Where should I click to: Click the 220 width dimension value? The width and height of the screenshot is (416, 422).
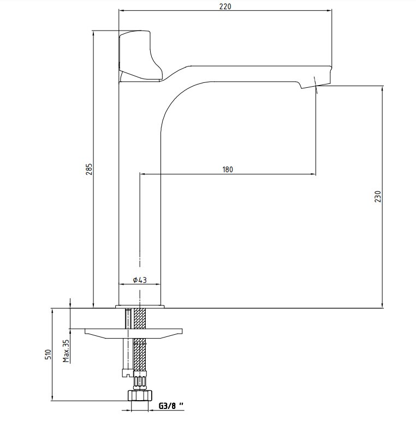[225, 6]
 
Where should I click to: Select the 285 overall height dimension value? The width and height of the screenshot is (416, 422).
[89, 169]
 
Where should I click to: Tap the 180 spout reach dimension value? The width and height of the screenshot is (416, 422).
[228, 170]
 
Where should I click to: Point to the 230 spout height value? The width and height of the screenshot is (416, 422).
[378, 196]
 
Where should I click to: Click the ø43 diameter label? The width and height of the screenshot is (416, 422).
[140, 280]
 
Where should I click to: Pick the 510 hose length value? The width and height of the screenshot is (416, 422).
[48, 354]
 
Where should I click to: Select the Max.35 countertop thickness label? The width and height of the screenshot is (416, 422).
[66, 351]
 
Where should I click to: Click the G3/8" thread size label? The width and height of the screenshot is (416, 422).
[171, 406]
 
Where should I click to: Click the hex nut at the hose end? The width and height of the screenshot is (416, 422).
[140, 395]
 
